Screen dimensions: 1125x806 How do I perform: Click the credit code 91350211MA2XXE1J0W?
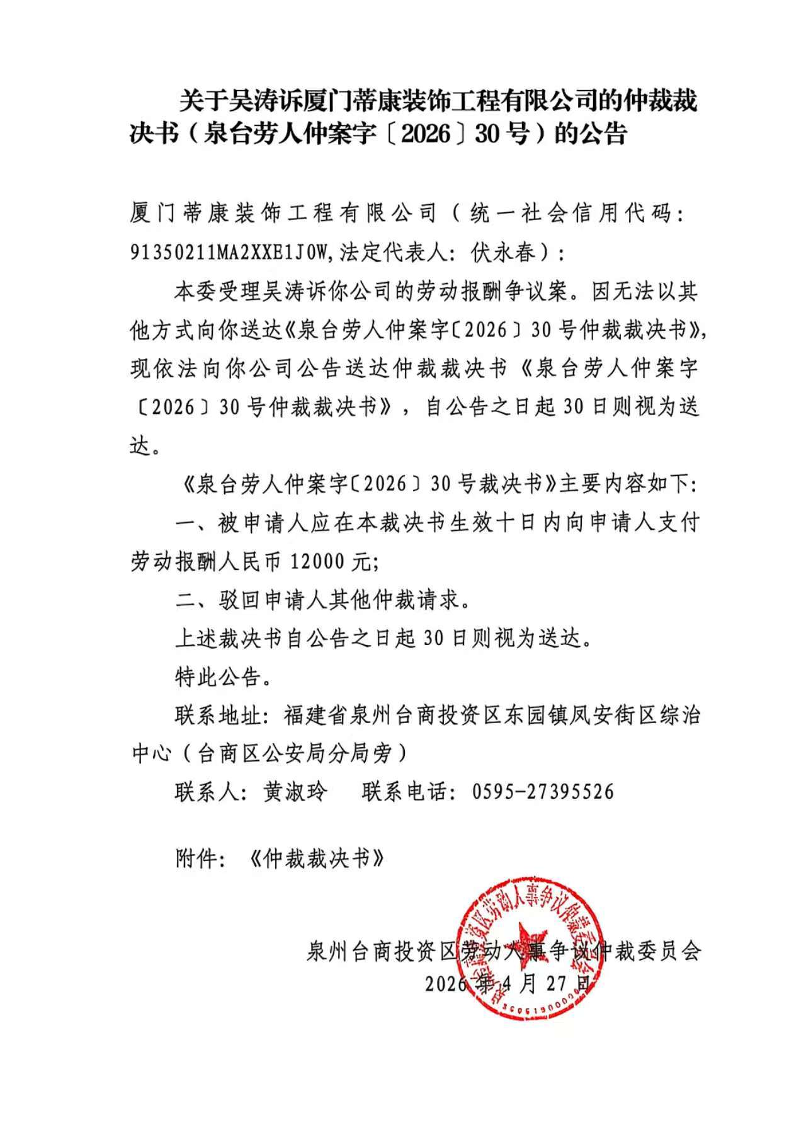[x=229, y=253]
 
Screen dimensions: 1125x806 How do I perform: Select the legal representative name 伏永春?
[x=503, y=253]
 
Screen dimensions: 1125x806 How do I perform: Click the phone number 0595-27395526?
[x=543, y=792]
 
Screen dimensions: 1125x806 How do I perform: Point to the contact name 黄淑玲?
[x=295, y=792]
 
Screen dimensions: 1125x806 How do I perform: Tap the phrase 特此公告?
[x=217, y=677]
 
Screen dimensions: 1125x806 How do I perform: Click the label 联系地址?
[x=217, y=716]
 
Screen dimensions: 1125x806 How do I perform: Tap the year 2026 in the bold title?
[x=426, y=134]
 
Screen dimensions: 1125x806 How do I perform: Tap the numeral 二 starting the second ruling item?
[x=186, y=600]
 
